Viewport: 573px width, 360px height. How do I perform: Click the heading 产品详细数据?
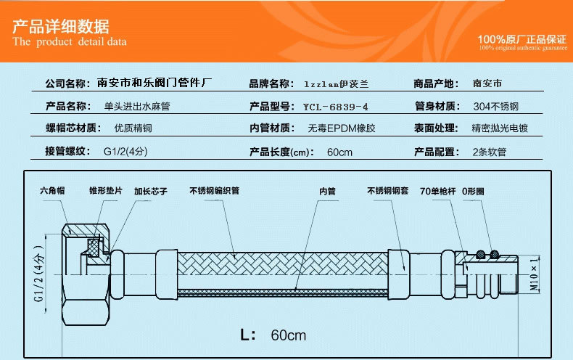pyautogui.click(x=61, y=26)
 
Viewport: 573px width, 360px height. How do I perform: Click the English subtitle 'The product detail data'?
pyautogui.click(x=70, y=41)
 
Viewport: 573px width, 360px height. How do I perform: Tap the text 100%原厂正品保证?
pyautogui.click(x=522, y=39)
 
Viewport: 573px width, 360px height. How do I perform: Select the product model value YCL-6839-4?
pyautogui.click(x=336, y=107)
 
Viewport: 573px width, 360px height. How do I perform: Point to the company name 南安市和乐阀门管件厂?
pyautogui.click(x=154, y=83)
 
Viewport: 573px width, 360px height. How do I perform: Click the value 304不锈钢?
pyautogui.click(x=496, y=107)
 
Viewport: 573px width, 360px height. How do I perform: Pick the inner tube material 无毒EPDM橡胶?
pyautogui.click(x=342, y=128)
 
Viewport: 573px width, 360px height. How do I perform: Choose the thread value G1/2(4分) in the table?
pyautogui.click(x=125, y=152)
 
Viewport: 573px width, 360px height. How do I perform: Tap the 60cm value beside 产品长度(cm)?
pyautogui.click(x=340, y=152)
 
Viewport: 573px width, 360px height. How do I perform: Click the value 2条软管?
pyautogui.click(x=490, y=152)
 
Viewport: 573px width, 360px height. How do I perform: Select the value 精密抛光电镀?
pyautogui.click(x=500, y=128)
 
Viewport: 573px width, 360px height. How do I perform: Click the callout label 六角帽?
pyautogui.click(x=52, y=190)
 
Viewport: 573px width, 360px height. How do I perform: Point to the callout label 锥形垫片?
pyautogui.click(x=106, y=191)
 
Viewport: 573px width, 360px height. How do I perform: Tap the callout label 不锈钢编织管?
pyautogui.click(x=215, y=191)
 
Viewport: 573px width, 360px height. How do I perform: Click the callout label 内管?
pyautogui.click(x=327, y=191)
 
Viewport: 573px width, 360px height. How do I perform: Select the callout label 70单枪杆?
pyautogui.click(x=438, y=191)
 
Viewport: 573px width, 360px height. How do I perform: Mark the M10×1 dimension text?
pyautogui.click(x=534, y=274)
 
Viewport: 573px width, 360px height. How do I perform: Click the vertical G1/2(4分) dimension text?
pyautogui.click(x=39, y=274)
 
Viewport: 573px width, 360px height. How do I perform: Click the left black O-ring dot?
pyautogui.click(x=481, y=254)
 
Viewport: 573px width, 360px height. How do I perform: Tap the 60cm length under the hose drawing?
pyautogui.click(x=289, y=335)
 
